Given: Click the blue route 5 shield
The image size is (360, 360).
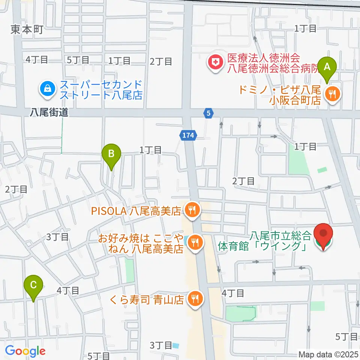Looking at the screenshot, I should point(209,112).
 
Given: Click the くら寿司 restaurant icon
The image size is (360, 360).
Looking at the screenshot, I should point(195,299).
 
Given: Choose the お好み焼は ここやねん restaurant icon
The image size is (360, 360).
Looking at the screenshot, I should point(195,242).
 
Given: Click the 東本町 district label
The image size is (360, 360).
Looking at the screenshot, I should point(27,29).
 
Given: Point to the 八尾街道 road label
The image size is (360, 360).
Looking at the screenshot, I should point(49,112).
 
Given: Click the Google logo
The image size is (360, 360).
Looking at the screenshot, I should point(25,351).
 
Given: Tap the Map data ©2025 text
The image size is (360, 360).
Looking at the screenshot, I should point(328,354).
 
